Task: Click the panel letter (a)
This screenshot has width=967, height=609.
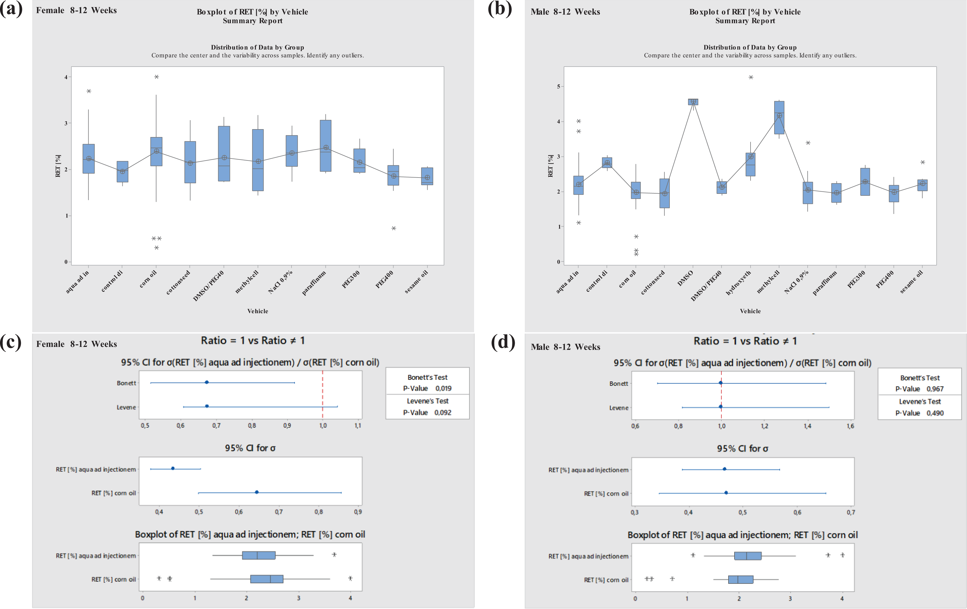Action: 11,9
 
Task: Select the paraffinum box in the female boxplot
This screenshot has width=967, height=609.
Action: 326,146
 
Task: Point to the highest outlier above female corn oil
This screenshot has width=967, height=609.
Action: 157,77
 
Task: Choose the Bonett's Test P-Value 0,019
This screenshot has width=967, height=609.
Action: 427,388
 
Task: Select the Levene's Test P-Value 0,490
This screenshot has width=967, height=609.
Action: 920,413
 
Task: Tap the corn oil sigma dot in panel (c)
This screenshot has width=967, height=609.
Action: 257,492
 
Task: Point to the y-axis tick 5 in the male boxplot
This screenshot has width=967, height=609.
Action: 558,86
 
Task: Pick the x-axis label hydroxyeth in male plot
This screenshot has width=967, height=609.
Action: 738,283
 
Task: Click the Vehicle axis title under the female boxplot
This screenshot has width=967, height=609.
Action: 258,311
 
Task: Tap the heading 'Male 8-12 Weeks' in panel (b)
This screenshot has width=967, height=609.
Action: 565,12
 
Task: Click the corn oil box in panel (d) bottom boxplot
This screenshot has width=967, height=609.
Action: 740,580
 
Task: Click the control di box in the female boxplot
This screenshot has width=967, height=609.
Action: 122,172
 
